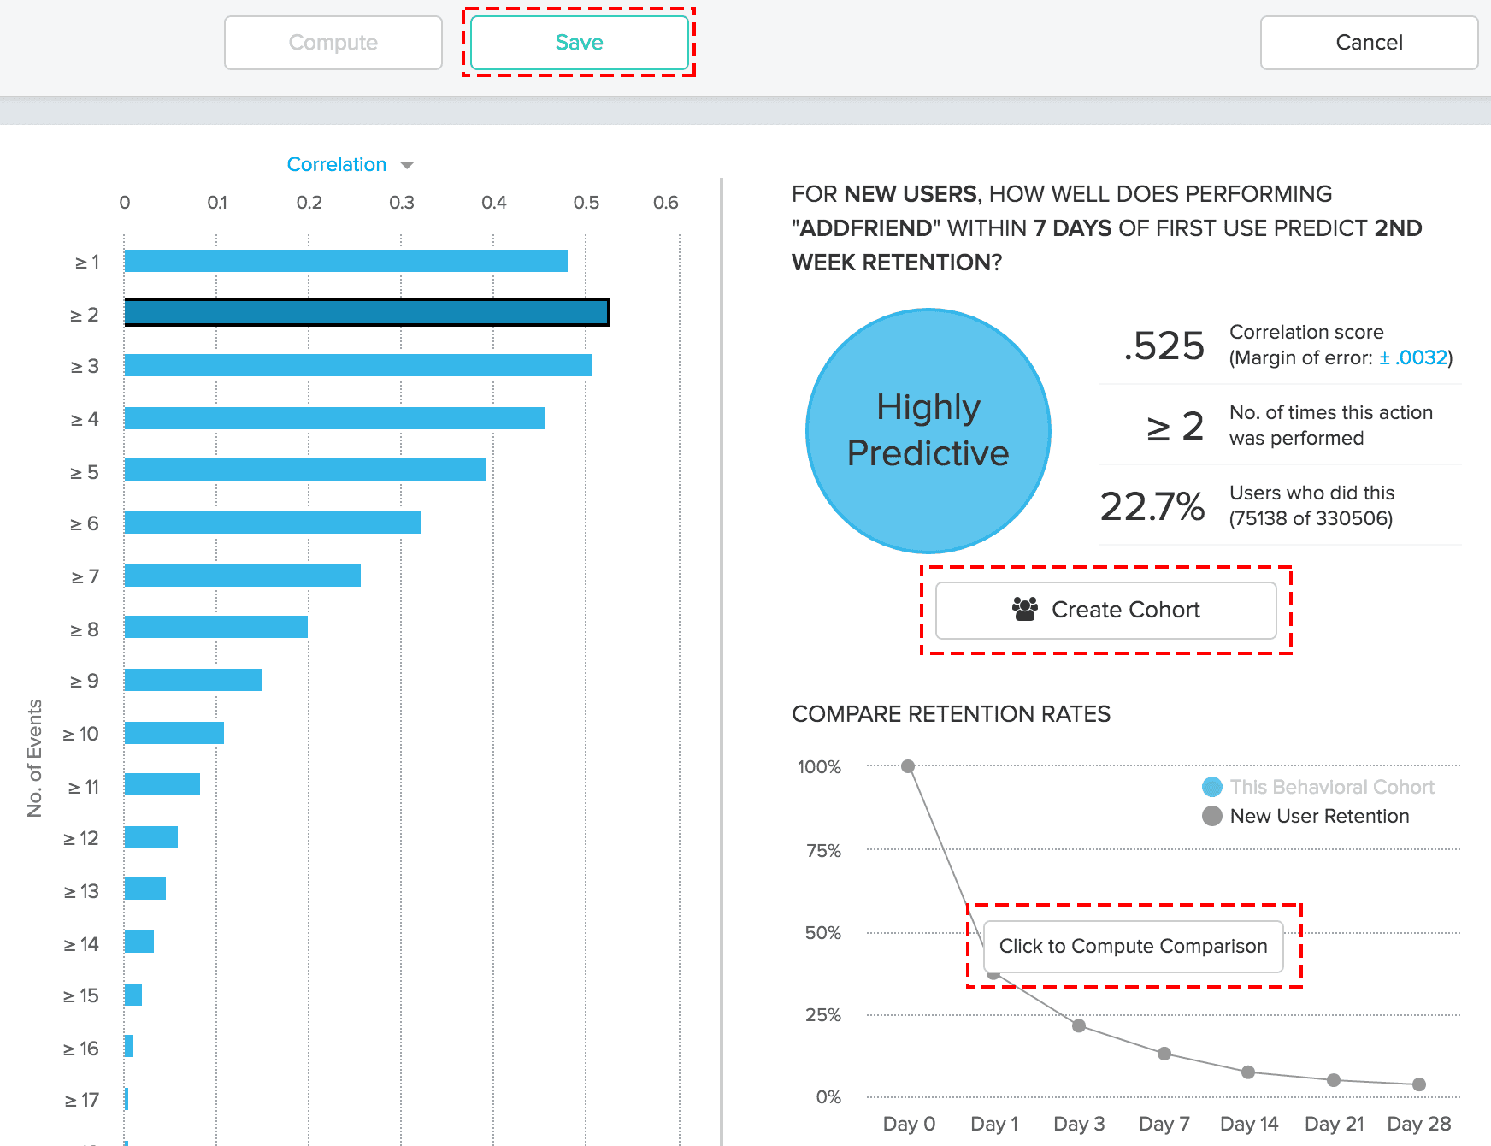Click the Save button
coord(579,43)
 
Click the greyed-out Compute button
coord(333,43)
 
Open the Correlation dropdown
coord(350,164)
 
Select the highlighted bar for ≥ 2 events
coord(366,312)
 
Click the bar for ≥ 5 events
coord(304,470)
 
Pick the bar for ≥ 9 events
coord(192,680)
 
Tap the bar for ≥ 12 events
coord(150,837)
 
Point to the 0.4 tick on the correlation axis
coord(493,203)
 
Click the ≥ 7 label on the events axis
coord(85,577)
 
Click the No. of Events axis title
coord(34,758)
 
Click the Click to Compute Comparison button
coord(1133,946)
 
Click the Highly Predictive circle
coord(928,430)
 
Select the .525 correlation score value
coord(1164,346)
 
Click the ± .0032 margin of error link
coord(1412,357)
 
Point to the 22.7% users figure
coord(1152,506)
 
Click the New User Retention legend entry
coord(1318,816)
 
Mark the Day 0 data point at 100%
coord(908,766)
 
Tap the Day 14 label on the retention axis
coord(1248,1124)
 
